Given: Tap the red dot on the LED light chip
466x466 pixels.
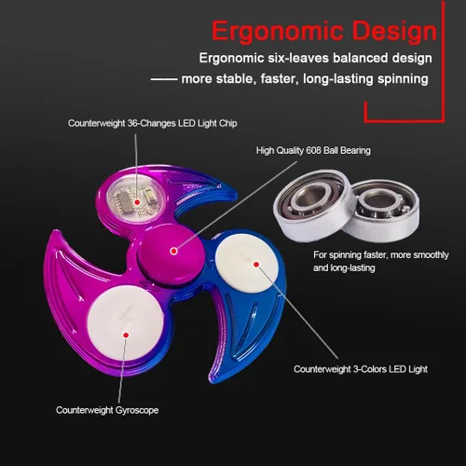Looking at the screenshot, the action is [137, 202].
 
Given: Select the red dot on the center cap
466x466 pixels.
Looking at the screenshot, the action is [174, 251].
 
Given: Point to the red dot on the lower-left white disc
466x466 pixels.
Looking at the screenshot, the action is [126, 335].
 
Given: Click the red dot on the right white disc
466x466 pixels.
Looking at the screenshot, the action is [256, 265].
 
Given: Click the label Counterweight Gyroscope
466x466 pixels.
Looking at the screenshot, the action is [107, 410].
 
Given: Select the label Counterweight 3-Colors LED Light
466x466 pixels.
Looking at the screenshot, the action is [361, 369].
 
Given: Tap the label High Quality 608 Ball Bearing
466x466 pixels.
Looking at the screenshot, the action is [313, 151].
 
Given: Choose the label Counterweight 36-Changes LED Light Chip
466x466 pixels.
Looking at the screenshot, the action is [153, 123].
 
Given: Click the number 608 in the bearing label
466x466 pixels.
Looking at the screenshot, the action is [314, 150].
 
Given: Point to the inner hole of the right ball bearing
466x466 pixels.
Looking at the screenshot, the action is [377, 201].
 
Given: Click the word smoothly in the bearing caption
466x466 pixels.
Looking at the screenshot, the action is [431, 255].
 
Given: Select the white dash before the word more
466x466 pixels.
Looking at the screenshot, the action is [164, 79].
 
